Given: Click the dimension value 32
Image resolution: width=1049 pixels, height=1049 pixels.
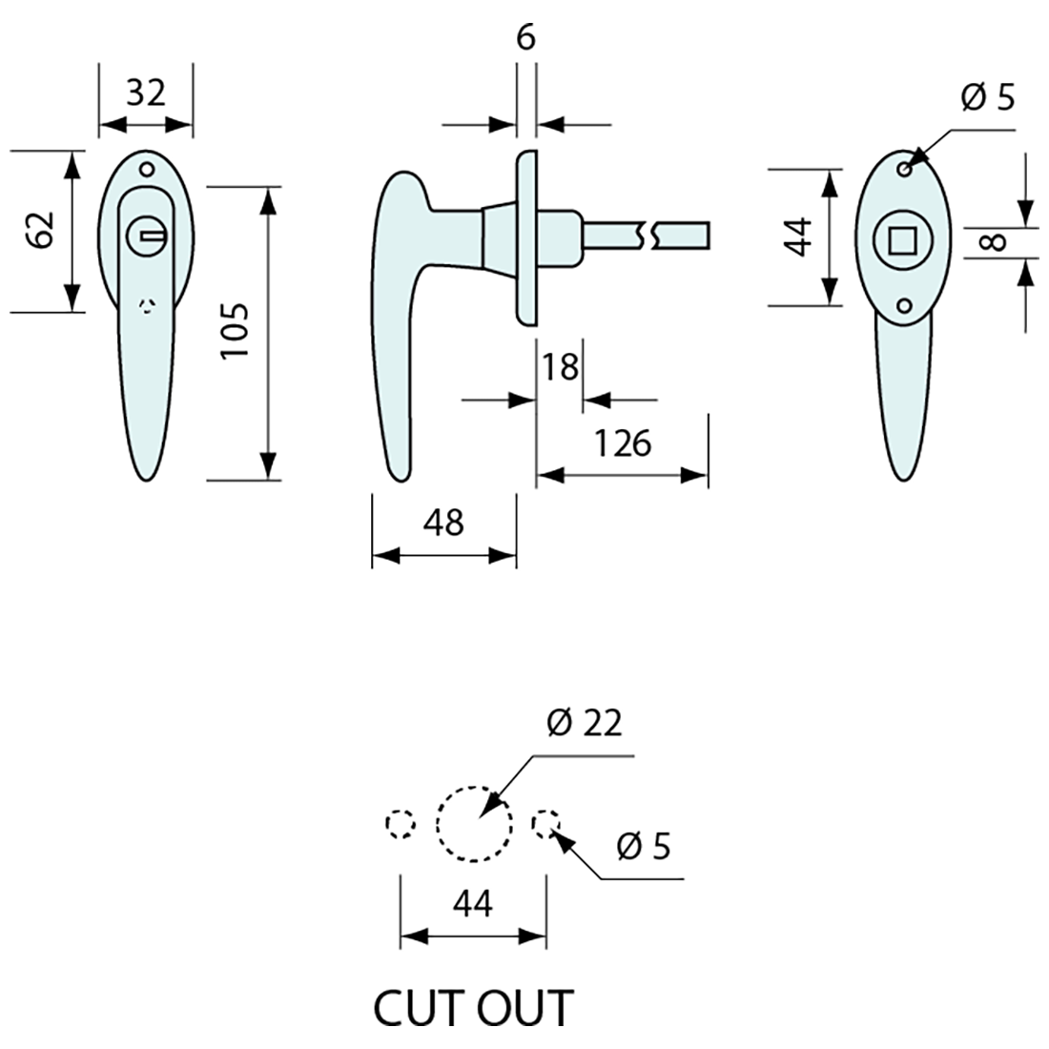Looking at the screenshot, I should coord(146,93).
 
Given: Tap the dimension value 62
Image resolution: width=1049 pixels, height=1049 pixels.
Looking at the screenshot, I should coord(41,230).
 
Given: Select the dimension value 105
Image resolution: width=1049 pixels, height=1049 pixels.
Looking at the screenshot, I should coord(235,331).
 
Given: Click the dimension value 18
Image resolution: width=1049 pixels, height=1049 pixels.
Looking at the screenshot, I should coord(560,366).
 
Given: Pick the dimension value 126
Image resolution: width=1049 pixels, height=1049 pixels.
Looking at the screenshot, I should coord(622,443).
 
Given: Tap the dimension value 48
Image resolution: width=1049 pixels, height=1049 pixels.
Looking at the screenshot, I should coord(443,522).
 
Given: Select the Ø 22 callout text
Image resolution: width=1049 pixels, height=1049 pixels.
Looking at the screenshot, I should coord(585,724).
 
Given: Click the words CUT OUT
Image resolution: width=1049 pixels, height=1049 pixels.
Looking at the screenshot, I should coord(474,1008).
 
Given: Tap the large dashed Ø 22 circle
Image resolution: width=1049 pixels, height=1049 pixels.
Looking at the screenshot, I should coord(474,824).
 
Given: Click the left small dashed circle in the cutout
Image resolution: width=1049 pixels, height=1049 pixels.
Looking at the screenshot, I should coord(401,824).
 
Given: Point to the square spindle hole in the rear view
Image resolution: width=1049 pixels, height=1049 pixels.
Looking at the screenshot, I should coord(900,239).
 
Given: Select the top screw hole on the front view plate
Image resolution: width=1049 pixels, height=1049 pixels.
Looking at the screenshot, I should coord(147,170).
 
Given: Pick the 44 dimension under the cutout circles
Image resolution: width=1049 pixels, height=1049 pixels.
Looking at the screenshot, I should coord(473,902).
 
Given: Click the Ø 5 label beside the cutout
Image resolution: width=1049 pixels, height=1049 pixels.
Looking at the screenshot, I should coord(644,846).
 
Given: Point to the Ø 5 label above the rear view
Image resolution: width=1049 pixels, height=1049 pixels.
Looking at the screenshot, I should coord(988,96).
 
